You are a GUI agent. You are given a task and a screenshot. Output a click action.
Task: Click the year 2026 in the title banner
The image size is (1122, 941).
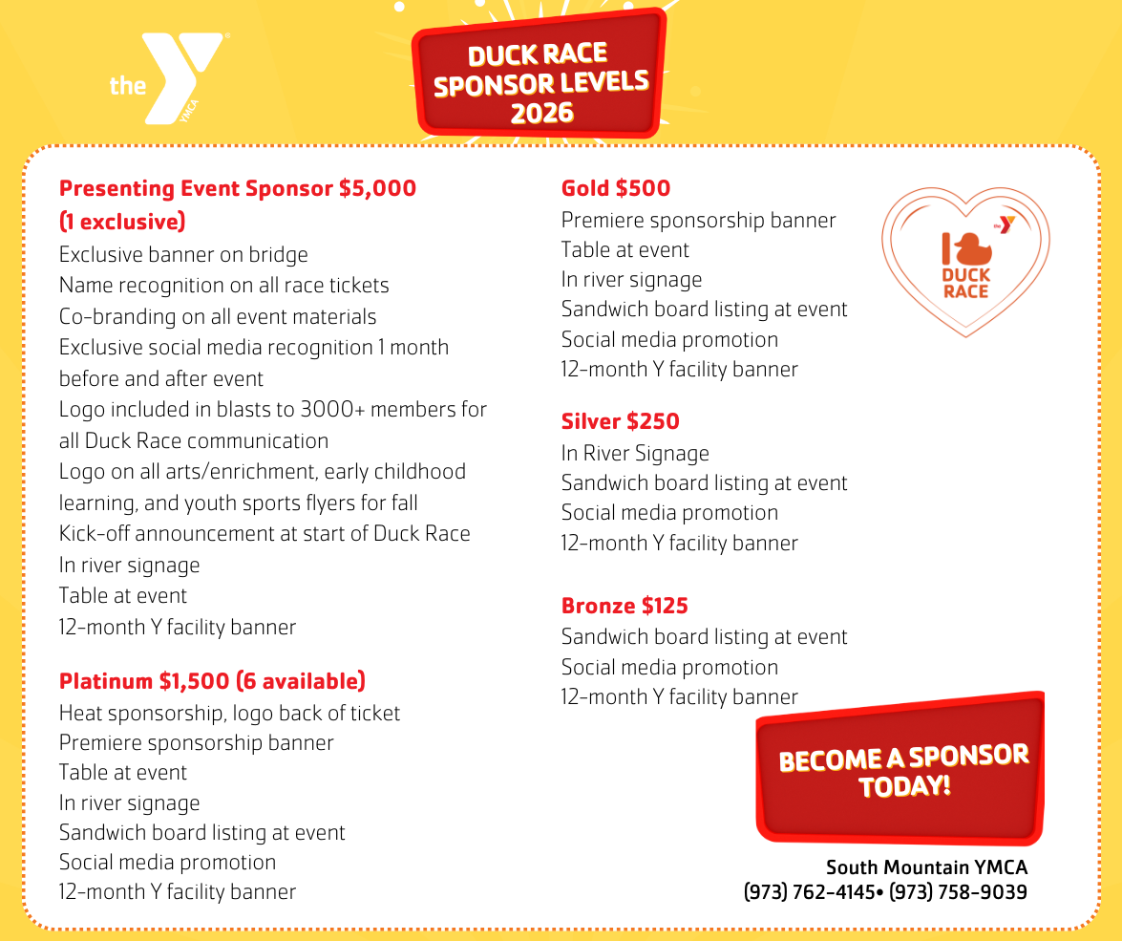pos(541,113)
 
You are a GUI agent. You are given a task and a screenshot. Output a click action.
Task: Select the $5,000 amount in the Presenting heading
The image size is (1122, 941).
pos(377,188)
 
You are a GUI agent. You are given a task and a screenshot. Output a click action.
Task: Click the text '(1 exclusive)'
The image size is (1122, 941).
pos(122,222)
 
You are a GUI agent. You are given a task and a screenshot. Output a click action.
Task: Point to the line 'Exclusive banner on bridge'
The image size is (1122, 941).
pos(183,255)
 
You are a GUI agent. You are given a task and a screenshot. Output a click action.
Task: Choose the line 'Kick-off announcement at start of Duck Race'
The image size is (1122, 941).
pos(265,533)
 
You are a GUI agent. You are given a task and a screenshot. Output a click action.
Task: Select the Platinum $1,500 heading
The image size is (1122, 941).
pos(212,681)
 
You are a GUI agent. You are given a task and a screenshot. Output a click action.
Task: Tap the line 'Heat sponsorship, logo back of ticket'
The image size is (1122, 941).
pos(229,713)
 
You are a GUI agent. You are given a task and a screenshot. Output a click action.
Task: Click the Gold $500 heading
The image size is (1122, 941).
pos(616,188)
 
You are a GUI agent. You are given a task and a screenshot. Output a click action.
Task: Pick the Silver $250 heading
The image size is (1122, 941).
pos(620,421)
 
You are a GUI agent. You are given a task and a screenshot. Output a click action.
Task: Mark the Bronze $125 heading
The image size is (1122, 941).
pos(625,606)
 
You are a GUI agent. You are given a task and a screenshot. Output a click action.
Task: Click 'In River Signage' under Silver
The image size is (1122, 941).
pos(635,453)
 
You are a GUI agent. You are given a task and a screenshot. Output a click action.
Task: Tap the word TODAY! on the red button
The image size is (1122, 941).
pos(904,787)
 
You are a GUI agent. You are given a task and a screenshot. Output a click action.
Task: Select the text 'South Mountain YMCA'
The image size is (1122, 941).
pos(926,867)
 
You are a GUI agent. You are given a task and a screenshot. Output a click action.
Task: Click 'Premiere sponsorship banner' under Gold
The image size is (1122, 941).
pos(698,220)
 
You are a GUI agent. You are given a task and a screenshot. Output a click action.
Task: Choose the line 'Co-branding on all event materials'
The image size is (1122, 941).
pos(218,317)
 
